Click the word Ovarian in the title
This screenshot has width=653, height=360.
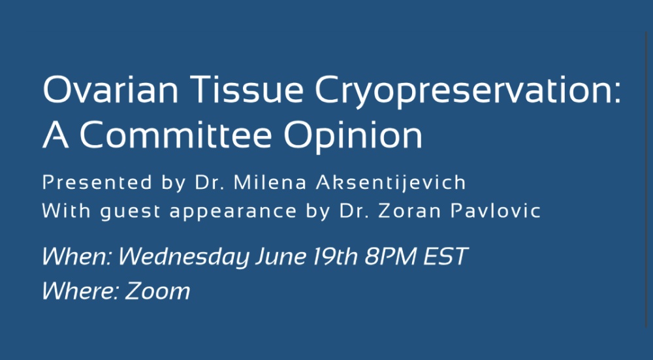coord(110,89)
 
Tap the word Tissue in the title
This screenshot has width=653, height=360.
coord(247,89)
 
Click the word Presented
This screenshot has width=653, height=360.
coord(97,183)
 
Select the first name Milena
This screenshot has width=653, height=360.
coord(270,183)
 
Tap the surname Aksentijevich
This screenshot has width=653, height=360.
coord(390,184)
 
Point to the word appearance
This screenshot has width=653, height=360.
coord(233,212)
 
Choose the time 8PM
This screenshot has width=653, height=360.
coord(390,256)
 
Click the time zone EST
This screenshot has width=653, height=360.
coord(445,256)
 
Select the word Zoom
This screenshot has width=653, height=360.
coord(157,290)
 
